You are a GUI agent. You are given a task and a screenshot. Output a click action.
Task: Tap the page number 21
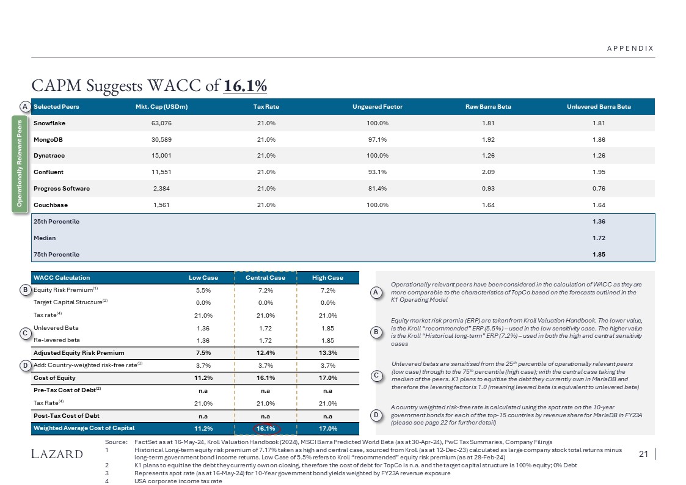642,454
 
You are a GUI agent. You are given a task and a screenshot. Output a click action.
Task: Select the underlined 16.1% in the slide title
246,86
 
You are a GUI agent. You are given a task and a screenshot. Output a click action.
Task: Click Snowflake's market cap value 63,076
161,123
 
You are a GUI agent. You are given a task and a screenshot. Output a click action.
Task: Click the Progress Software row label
62,189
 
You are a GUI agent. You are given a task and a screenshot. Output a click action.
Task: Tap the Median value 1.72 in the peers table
599,238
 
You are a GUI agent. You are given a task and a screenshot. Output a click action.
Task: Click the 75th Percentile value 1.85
599,254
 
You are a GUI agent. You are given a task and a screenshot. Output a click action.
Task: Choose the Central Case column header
265,278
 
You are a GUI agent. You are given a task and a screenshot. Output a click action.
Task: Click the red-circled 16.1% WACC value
265,429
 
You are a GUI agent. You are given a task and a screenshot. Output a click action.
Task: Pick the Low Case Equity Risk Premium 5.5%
203,290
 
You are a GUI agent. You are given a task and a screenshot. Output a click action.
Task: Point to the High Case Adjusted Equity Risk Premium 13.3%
328,352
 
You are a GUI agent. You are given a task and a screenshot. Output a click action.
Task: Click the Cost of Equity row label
54,377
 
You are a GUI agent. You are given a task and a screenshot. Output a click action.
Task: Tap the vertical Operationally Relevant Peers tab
20,163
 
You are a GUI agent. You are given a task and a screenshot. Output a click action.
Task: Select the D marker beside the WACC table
25,365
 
